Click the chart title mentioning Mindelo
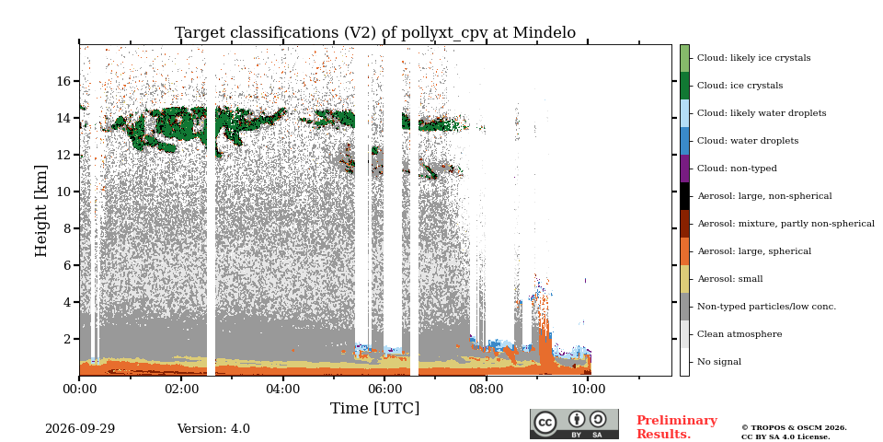click(375, 33)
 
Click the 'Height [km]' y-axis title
click(41, 211)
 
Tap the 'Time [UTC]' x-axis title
click(375, 408)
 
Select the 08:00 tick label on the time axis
click(486, 389)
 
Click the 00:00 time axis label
click(79, 389)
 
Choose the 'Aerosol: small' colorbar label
click(729, 279)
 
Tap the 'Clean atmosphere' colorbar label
click(740, 334)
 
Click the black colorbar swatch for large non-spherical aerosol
click(684, 196)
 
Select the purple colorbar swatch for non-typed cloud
click(684, 169)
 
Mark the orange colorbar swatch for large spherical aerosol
click(684, 251)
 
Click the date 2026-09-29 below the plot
click(80, 429)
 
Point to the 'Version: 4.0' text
click(213, 429)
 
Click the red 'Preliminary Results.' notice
click(677, 427)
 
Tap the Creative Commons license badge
click(574, 425)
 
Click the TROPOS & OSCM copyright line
click(794, 428)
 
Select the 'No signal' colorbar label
click(719, 362)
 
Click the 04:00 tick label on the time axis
click(282, 389)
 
